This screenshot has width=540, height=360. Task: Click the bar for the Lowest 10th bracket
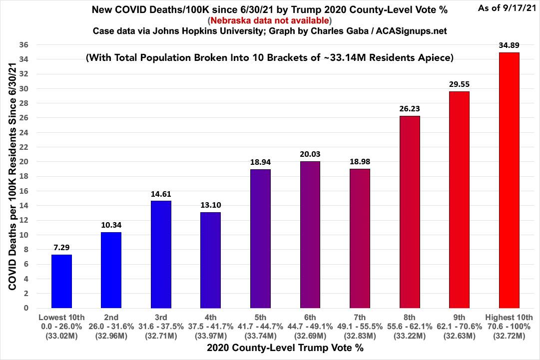61,281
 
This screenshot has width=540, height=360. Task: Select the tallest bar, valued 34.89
509,180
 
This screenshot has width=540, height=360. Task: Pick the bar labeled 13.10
210,260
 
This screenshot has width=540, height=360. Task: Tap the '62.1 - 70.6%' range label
459,327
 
